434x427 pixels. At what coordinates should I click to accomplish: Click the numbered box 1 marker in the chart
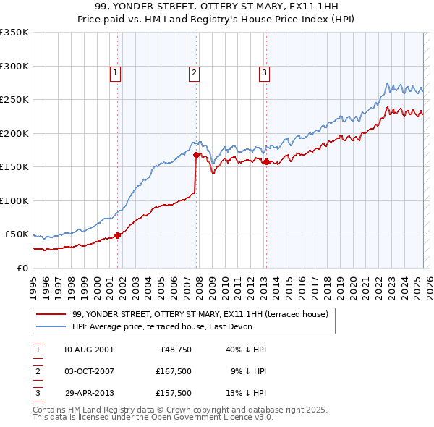[x=116, y=72]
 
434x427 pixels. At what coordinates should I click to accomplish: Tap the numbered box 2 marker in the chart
[x=195, y=72]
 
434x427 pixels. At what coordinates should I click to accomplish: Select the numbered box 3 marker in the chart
[x=265, y=72]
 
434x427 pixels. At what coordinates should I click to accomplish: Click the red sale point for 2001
[x=118, y=234]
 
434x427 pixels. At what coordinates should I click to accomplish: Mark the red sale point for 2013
[x=266, y=161]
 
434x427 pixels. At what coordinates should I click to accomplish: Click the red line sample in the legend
[x=51, y=314]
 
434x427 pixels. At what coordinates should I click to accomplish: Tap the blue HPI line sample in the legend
[x=51, y=326]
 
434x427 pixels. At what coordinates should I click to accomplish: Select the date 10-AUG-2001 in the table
[x=88, y=350]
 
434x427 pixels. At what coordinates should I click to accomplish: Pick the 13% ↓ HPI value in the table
[x=246, y=394]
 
